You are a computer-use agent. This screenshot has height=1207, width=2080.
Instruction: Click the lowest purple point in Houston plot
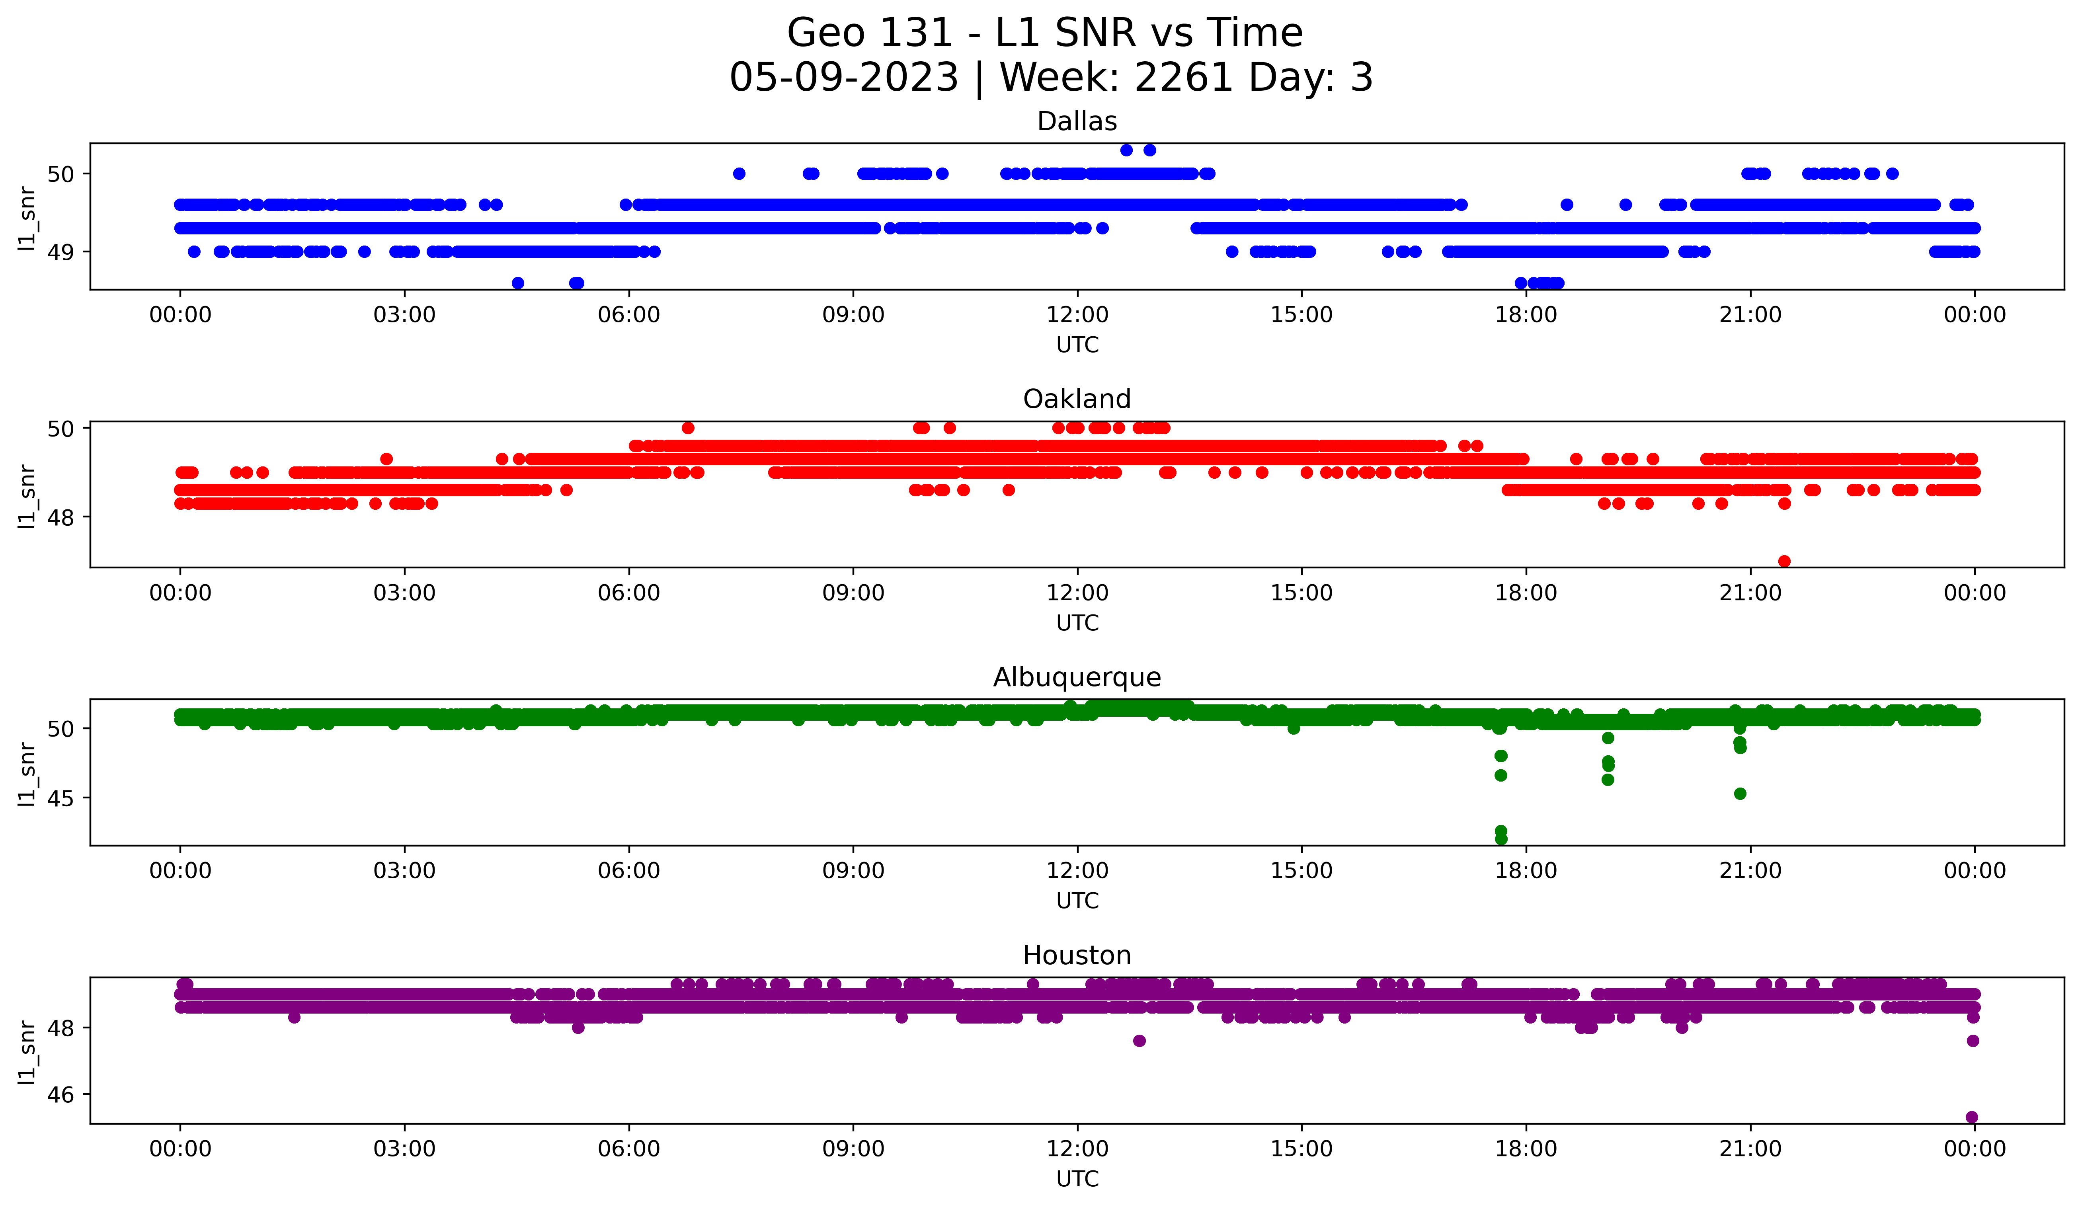click(x=1972, y=1117)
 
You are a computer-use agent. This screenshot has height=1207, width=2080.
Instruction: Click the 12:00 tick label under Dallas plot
click(x=1077, y=315)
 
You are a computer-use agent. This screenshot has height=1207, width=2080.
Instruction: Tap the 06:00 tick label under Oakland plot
click(x=629, y=593)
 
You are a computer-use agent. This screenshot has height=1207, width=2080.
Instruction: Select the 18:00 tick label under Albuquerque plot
click(x=1525, y=871)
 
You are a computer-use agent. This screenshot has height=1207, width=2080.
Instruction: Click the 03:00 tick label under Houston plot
click(x=404, y=1149)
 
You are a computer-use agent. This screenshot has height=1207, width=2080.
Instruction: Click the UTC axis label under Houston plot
click(x=1077, y=1179)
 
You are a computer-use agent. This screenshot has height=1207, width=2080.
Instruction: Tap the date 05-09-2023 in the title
click(x=843, y=78)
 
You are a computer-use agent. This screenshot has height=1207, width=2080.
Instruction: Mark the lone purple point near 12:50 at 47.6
click(x=1139, y=1040)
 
